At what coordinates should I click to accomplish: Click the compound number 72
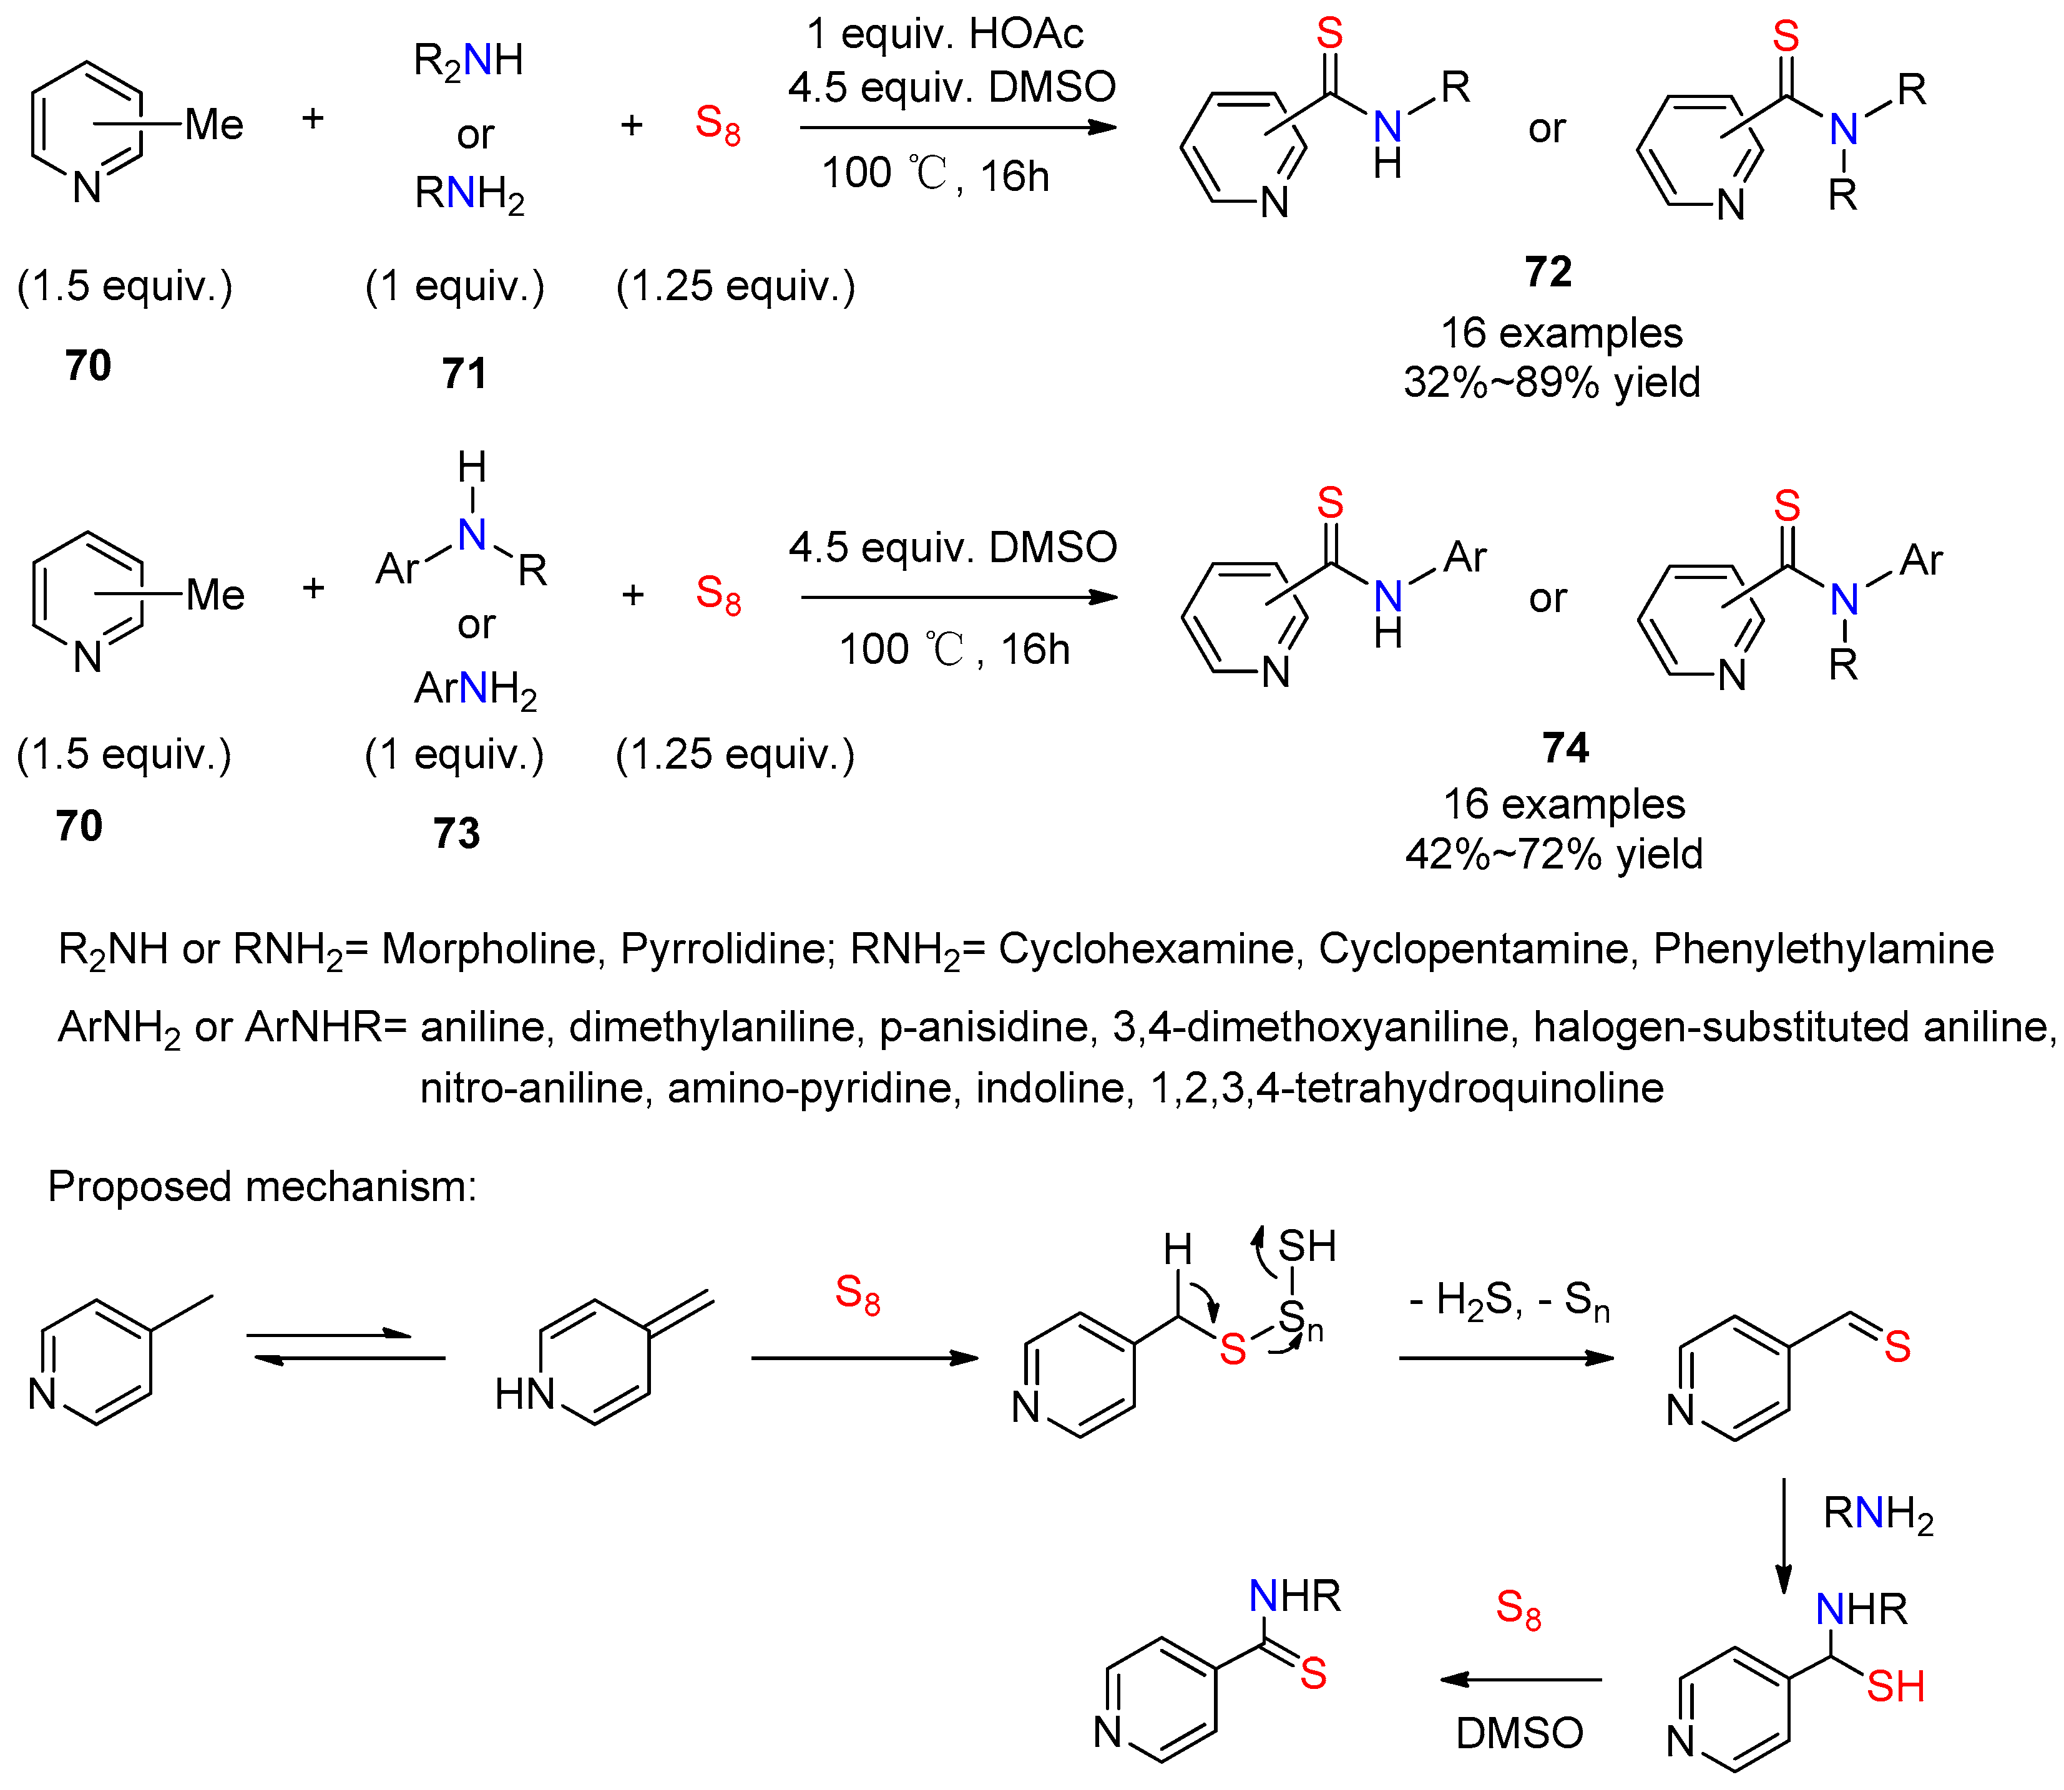point(1547,271)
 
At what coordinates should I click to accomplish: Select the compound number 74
point(1565,747)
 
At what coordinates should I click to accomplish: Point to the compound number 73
point(457,832)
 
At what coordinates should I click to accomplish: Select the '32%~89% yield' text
point(1552,382)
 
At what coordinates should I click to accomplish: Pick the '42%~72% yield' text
point(1553,854)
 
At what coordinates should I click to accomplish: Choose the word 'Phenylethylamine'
point(1823,948)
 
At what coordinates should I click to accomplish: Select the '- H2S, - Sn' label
point(1509,1301)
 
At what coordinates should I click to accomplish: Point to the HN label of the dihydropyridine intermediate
point(524,1393)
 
